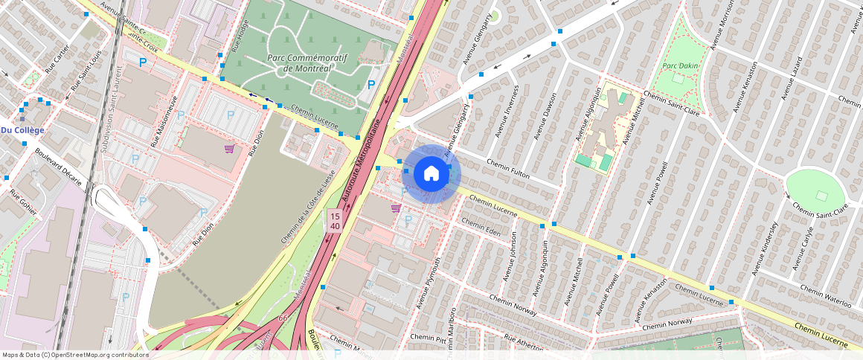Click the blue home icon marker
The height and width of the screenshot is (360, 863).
431,174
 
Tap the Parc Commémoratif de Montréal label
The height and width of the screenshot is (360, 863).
308,63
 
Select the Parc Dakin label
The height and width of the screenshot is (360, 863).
680,65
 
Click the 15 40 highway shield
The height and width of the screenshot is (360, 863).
335,220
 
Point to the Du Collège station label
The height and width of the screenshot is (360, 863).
23,130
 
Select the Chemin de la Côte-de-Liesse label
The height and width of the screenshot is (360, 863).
307,207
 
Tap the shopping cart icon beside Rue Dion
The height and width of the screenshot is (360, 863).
230,148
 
